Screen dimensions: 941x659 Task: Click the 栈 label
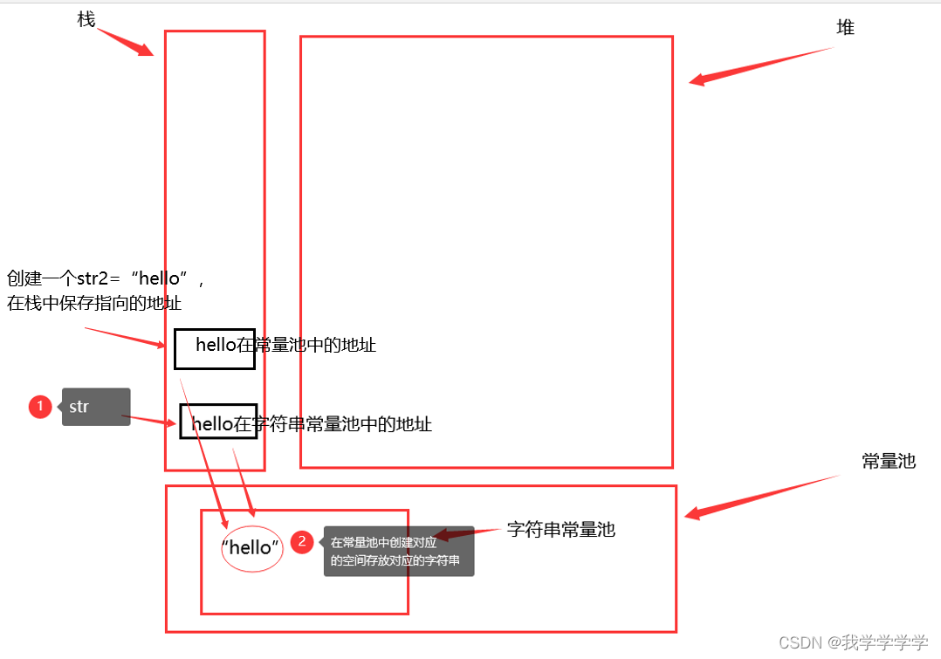click(x=86, y=18)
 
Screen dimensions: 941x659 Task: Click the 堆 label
click(x=845, y=28)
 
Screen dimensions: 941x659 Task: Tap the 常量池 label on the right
click(x=889, y=461)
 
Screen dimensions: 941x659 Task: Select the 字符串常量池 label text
click(x=560, y=529)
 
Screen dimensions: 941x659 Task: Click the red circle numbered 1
click(x=40, y=407)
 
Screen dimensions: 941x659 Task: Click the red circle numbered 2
click(x=302, y=542)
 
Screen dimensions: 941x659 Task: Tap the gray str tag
click(x=95, y=407)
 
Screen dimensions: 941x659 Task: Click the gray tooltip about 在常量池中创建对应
click(x=398, y=551)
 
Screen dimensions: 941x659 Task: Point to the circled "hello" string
click(x=252, y=548)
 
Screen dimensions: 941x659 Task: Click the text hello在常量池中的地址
click(x=285, y=345)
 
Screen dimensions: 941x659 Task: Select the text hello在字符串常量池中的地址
click(x=312, y=424)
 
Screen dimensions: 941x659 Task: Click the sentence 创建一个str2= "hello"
click(x=105, y=278)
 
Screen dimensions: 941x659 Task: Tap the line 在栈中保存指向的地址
click(x=94, y=303)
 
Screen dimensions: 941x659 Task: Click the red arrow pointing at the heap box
click(x=759, y=66)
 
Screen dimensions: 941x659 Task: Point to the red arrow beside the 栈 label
click(x=126, y=42)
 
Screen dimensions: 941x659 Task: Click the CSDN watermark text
click(x=853, y=642)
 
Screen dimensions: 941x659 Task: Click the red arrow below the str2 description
click(x=124, y=337)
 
